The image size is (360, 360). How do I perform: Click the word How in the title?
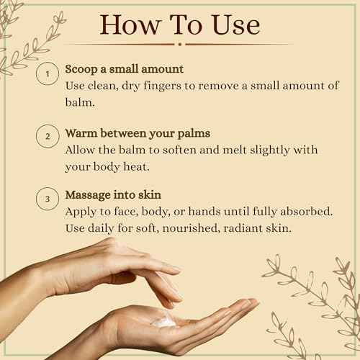coord(130,25)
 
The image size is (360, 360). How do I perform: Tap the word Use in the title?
coord(236,25)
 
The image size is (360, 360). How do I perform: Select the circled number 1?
coord(48,73)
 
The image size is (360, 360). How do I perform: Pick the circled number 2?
coord(48,136)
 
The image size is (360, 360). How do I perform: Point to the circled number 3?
coord(48,199)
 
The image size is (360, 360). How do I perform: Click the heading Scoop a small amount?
coord(125,69)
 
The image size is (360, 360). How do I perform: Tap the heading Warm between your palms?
coord(138,133)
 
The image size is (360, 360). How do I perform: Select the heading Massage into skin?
coord(113,195)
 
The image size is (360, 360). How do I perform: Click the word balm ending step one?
coord(80,102)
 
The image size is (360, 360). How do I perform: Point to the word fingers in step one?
coord(162,86)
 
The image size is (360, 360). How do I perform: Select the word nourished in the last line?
coord(191,228)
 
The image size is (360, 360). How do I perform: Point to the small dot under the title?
coord(180,44)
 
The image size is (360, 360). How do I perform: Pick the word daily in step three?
coord(101,228)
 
